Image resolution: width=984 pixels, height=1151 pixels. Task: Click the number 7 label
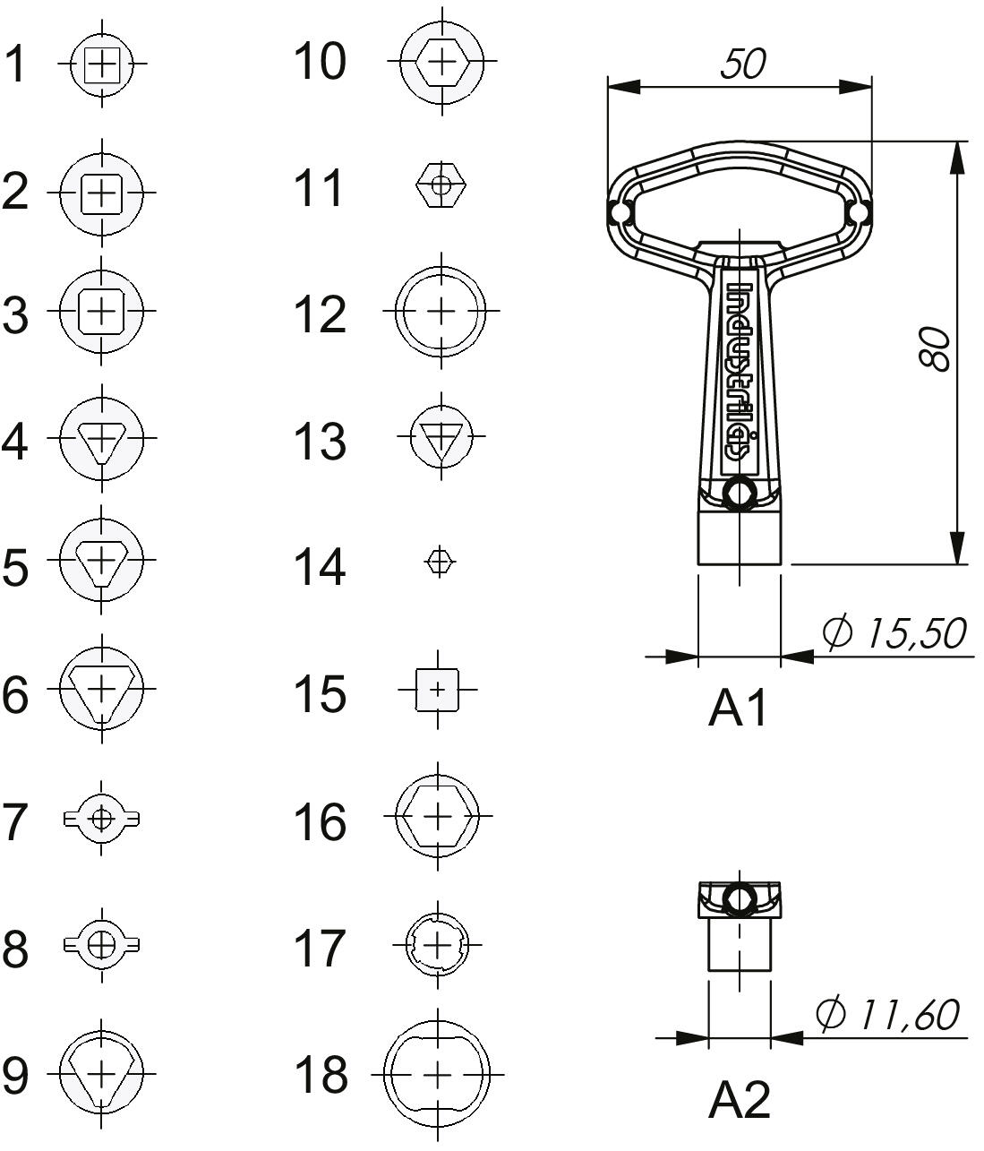tap(15, 821)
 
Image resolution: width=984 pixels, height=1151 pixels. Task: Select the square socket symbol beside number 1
tap(102, 64)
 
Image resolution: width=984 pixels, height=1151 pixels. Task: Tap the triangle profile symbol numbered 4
tap(101, 438)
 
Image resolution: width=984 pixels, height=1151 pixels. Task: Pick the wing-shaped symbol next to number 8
tap(101, 945)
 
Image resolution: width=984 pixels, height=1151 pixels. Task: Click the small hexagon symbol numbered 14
tap(440, 562)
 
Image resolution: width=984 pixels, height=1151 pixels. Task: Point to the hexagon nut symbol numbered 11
tap(441, 185)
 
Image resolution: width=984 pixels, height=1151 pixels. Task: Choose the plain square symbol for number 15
tap(438, 690)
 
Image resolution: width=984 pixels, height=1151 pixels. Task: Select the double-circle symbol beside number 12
tap(441, 311)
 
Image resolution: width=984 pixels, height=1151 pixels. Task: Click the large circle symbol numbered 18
tap(438, 1075)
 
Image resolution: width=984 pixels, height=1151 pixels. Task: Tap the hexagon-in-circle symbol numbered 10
tap(441, 61)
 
